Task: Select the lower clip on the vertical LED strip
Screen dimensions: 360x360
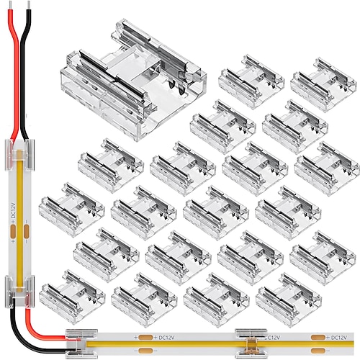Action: pos(20,287)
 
